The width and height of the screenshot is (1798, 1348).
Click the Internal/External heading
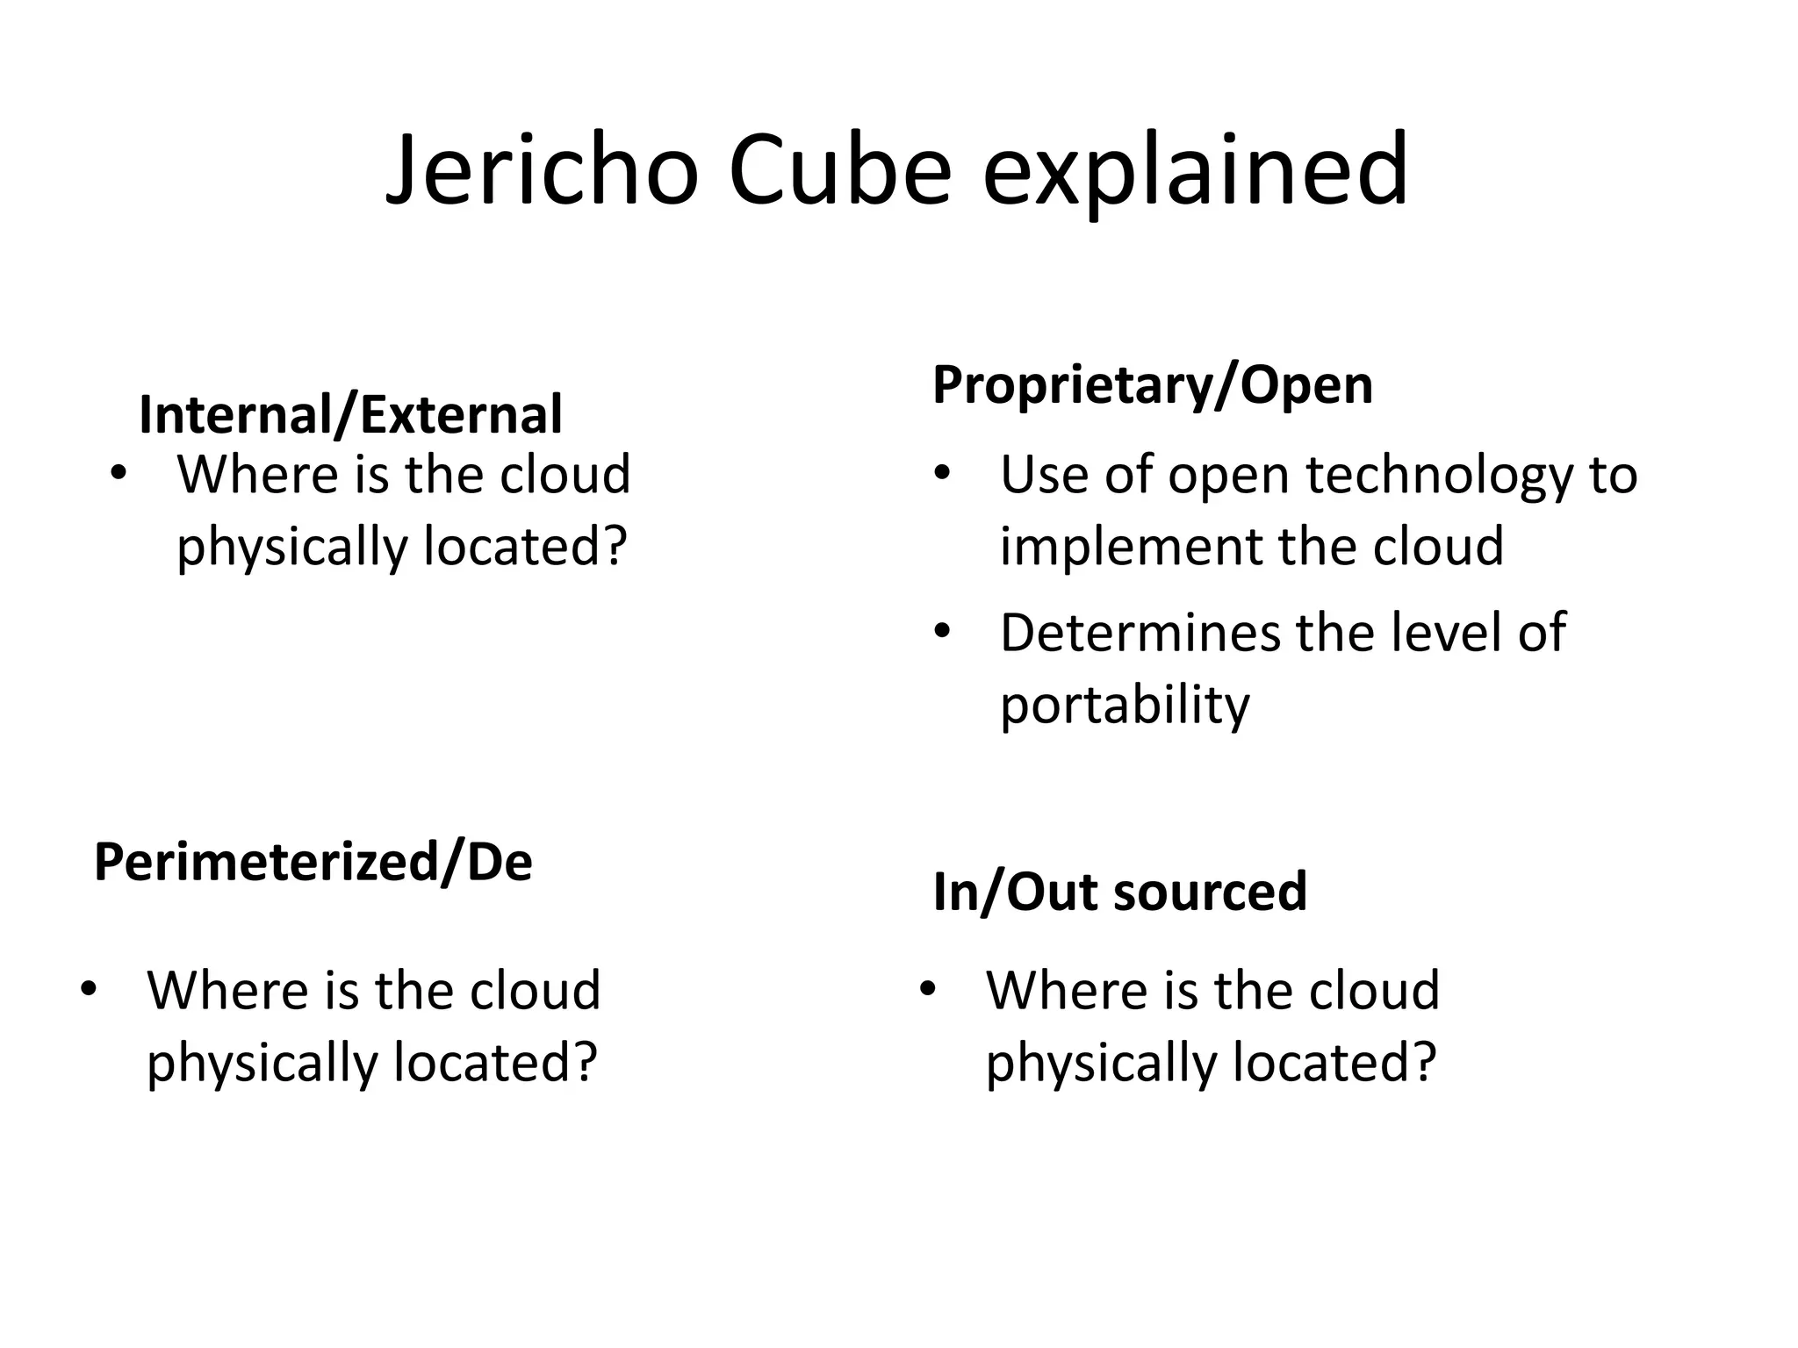coord(350,415)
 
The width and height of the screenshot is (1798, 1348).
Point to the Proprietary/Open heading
coord(1152,384)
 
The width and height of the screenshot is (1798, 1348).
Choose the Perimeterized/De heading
coord(313,862)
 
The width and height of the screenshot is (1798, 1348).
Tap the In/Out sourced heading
coord(1119,892)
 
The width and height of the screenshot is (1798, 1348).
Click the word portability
coord(1124,705)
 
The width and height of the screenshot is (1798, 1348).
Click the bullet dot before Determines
coord(942,632)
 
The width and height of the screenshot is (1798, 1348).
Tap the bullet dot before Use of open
coord(942,475)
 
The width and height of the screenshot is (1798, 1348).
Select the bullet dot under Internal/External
coord(118,475)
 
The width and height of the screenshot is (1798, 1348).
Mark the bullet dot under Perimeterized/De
coord(88,990)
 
